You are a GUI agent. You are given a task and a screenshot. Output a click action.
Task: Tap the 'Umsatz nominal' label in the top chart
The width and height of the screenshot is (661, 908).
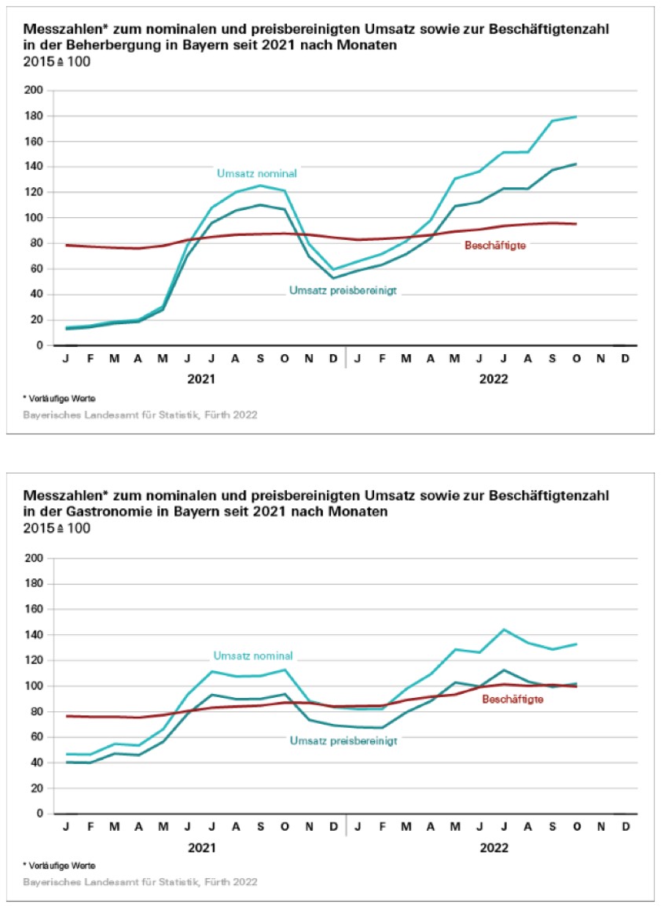tap(252, 172)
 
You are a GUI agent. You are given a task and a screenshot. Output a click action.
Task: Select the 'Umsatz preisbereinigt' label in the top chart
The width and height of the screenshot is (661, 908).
tap(343, 290)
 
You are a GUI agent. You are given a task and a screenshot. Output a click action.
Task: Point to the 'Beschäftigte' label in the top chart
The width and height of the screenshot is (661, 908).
tap(495, 245)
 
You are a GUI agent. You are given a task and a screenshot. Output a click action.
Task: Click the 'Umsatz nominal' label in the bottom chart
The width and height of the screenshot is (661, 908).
tap(253, 655)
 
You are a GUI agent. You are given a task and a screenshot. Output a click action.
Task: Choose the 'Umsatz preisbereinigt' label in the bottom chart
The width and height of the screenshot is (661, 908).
tap(343, 740)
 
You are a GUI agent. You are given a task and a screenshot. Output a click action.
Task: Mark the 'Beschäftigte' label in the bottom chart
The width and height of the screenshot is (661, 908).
tap(512, 699)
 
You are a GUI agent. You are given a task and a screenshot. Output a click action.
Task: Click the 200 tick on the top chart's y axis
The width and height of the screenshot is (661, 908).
tap(35, 90)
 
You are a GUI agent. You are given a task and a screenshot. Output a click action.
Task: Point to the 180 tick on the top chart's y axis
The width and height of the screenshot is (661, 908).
tap(35, 116)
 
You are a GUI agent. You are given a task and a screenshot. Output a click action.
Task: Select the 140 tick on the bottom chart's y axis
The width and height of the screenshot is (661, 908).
tap(35, 635)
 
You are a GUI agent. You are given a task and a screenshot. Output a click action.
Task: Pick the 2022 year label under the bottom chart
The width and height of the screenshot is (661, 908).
tap(493, 847)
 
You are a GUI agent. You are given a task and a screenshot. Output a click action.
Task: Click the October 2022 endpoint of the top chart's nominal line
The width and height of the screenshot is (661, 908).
tap(576, 117)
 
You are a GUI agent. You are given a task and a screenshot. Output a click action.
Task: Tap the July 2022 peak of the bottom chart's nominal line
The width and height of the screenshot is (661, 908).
tap(503, 629)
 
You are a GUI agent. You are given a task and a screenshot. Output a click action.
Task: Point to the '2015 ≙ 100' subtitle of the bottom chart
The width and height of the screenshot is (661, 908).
tap(57, 528)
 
